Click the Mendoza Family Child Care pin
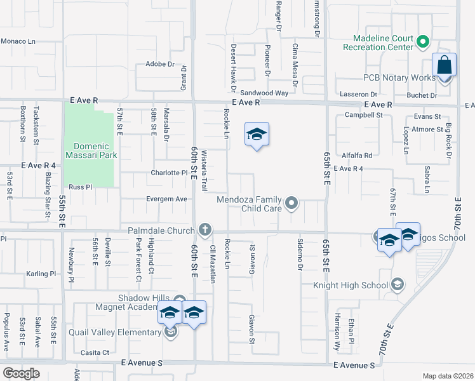point(291,203)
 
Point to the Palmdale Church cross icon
point(204,229)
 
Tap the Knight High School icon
point(398,284)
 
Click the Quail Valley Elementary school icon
point(170,331)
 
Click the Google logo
point(21,373)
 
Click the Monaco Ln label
point(18,41)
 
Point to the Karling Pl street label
point(41,274)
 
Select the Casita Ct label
point(95,352)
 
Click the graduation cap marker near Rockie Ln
point(257,135)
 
